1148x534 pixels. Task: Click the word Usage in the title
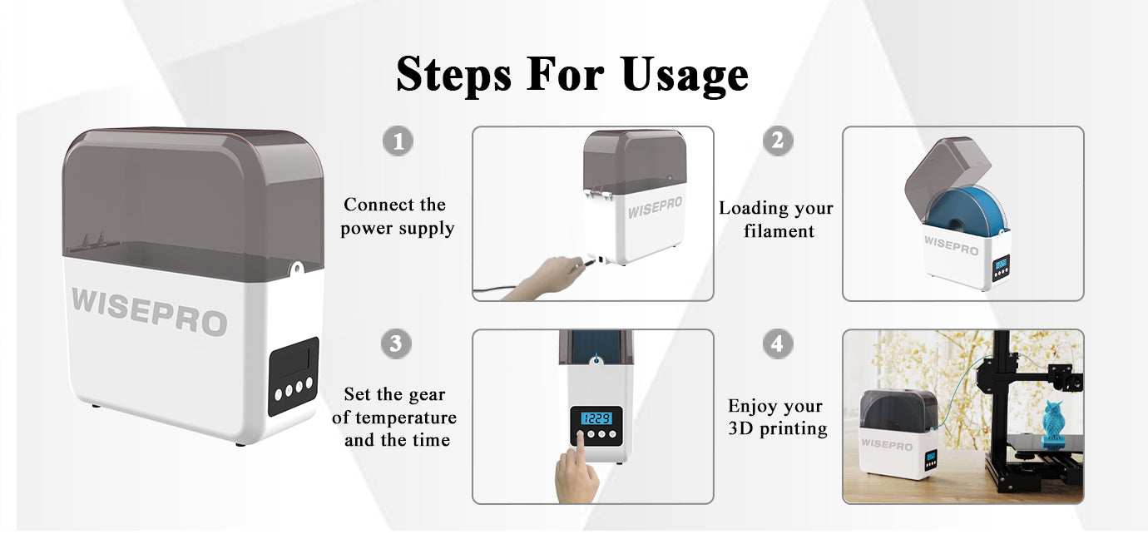684,75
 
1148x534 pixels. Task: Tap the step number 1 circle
398,141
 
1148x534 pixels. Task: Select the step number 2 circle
777,141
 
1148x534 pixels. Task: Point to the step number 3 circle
396,344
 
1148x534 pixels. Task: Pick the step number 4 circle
777,344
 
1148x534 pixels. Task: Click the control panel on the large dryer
293,376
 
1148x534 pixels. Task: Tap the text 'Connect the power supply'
396,216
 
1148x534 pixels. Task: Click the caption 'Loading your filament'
775,220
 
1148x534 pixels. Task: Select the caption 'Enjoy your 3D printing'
775,418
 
